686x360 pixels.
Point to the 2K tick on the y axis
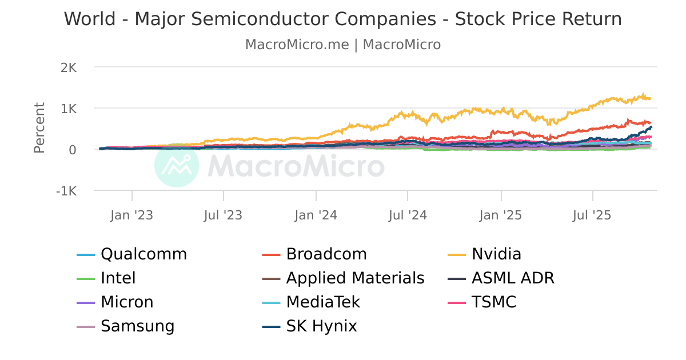[x=68, y=67]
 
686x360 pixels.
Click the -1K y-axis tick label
[x=66, y=191]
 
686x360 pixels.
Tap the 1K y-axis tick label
[x=68, y=109]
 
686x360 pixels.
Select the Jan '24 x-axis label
[x=316, y=215]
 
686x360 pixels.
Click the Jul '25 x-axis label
[x=592, y=215]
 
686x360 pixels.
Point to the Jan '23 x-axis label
[x=131, y=215]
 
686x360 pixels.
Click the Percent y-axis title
[x=39, y=128]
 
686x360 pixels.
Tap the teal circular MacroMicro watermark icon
[x=177, y=166]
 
